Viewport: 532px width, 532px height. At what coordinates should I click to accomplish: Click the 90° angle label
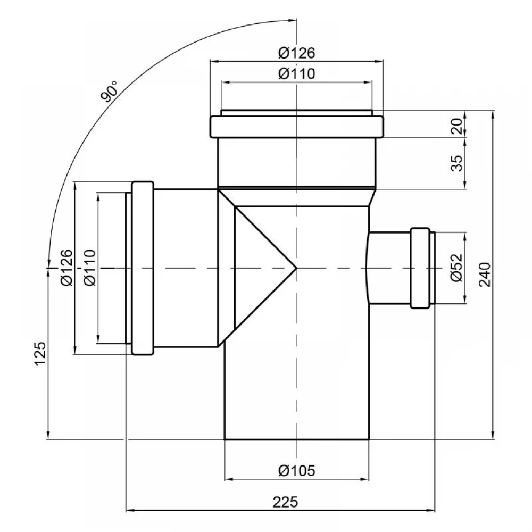tap(110, 92)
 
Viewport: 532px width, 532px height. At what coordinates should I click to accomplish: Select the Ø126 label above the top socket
tap(297, 53)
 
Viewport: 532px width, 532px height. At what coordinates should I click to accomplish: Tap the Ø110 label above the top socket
tap(297, 73)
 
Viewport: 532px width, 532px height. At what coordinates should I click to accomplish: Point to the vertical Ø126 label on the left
tap(66, 268)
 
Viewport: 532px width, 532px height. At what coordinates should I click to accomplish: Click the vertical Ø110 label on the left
tap(90, 268)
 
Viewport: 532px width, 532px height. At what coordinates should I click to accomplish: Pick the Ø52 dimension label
tap(456, 268)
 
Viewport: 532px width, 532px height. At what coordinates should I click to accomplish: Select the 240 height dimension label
tap(485, 275)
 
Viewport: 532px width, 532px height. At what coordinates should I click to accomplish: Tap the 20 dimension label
tap(458, 126)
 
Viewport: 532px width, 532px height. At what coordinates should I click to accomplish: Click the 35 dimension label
tap(458, 163)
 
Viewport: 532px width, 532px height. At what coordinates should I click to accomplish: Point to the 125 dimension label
tap(40, 354)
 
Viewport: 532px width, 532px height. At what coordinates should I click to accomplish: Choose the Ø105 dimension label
tap(297, 471)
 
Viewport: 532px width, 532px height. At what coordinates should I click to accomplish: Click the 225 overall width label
tap(285, 502)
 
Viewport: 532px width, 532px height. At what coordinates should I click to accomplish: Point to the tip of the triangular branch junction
tap(296, 268)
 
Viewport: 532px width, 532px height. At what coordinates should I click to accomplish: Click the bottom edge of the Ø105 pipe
tap(296, 439)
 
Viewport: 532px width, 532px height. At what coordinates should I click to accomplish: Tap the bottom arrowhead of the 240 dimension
tap(493, 435)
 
